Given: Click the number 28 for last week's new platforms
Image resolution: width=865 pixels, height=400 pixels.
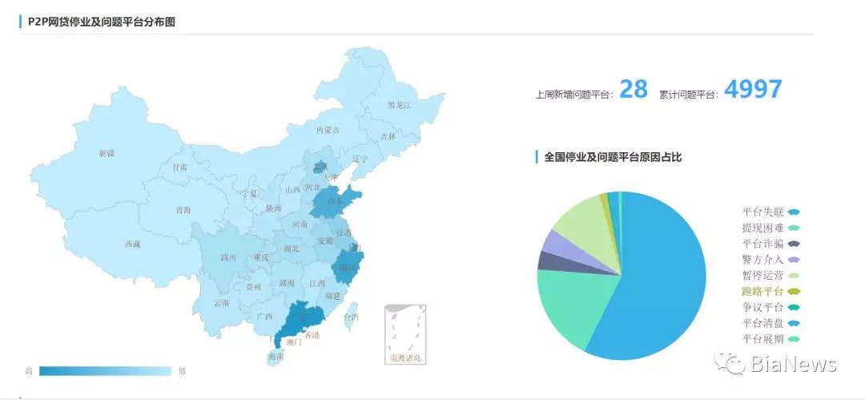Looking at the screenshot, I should click(634, 89).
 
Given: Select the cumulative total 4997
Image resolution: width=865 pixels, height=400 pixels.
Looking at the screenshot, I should click(752, 89).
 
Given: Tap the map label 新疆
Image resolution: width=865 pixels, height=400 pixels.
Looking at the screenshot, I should click(107, 153).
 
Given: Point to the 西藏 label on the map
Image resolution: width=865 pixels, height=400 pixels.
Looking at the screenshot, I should click(133, 244).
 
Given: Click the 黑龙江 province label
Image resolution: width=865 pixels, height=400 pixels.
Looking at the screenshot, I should click(399, 105).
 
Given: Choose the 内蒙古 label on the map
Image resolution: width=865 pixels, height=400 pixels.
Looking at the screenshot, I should click(328, 130).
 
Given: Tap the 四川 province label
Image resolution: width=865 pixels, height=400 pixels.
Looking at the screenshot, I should click(228, 258).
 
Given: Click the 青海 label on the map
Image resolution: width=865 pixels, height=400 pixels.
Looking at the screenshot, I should click(183, 211).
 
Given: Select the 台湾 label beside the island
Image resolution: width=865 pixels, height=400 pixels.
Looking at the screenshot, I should click(351, 317).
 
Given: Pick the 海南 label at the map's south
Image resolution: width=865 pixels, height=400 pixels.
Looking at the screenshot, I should click(276, 357).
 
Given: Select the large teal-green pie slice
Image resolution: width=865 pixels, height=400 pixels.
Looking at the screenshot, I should click(575, 309).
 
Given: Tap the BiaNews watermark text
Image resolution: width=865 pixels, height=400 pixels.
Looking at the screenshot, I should click(793, 365).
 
